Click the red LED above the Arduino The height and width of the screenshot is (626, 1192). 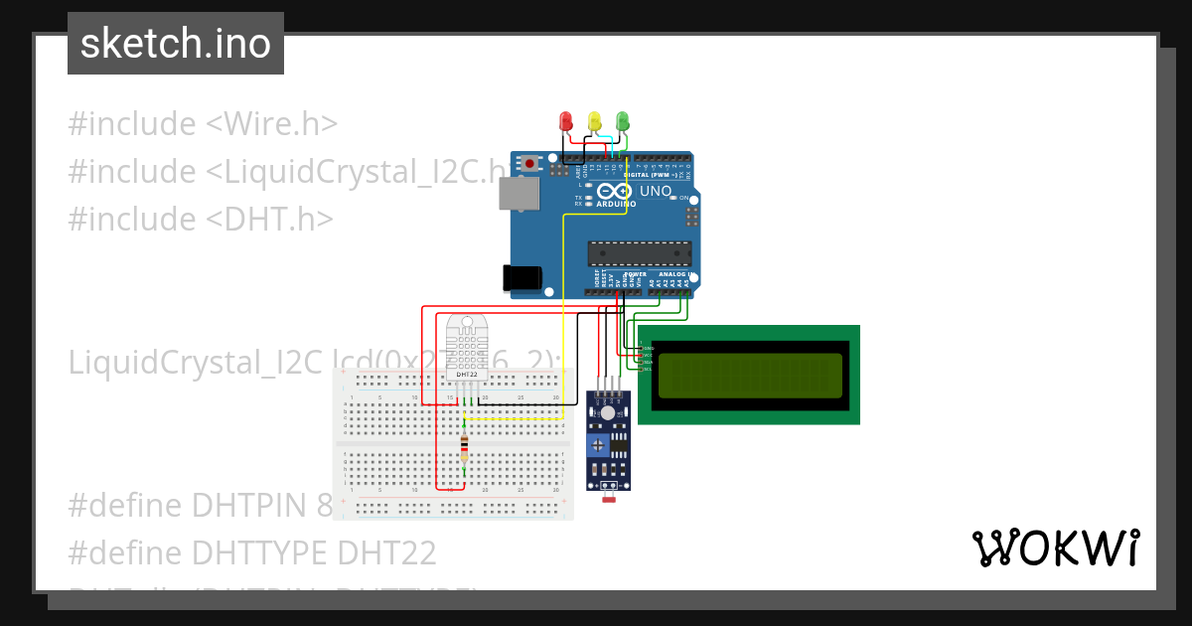(565, 121)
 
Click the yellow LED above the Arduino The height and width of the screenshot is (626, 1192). (594, 121)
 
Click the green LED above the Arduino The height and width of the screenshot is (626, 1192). (623, 121)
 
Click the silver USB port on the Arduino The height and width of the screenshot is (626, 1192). (517, 195)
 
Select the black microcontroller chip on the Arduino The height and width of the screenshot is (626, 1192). (639, 254)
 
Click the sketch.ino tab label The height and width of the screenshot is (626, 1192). (176, 44)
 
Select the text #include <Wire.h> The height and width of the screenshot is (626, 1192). (203, 124)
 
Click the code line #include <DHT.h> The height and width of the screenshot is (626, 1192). (200, 219)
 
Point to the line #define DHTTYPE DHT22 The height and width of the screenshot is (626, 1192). (252, 551)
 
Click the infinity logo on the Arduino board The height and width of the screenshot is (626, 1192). (614, 192)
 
